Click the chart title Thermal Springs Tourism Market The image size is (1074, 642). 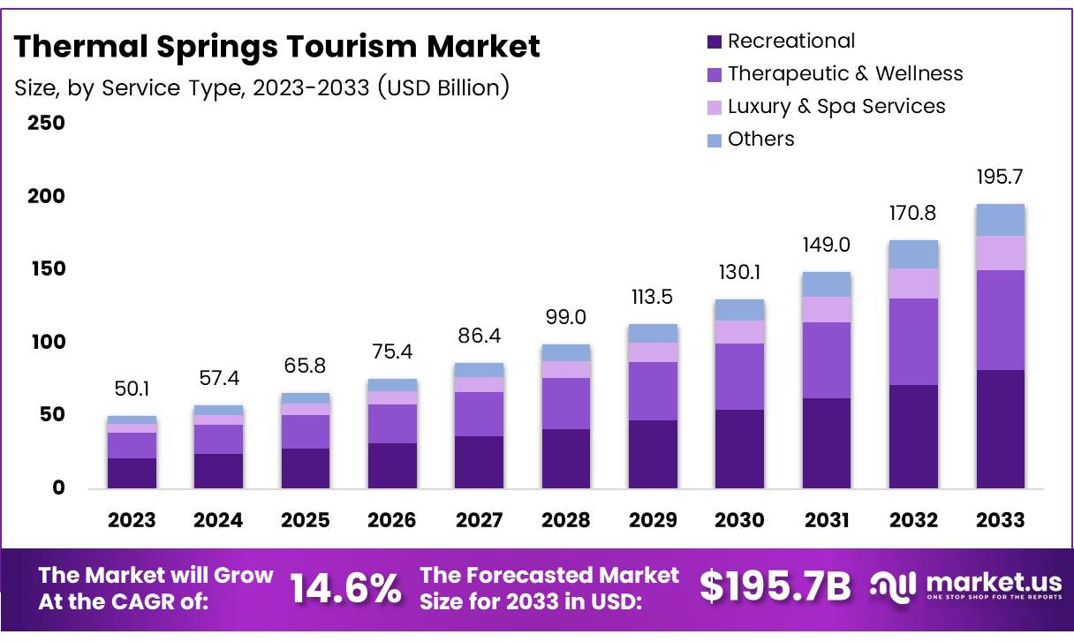tap(276, 46)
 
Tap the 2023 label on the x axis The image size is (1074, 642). tap(132, 519)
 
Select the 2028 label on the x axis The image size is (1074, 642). tap(566, 519)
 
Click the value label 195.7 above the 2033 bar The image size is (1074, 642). tap(1001, 177)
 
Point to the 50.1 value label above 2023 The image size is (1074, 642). tap(132, 389)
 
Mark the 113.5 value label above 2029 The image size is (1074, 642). tap(653, 297)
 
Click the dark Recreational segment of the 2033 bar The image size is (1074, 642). tap(1000, 428)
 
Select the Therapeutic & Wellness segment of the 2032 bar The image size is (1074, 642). tap(913, 341)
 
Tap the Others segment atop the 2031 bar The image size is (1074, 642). tap(827, 284)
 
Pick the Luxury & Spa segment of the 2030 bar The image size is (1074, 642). tap(739, 331)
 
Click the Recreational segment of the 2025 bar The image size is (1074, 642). tap(306, 468)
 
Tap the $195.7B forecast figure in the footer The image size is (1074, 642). tap(775, 587)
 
